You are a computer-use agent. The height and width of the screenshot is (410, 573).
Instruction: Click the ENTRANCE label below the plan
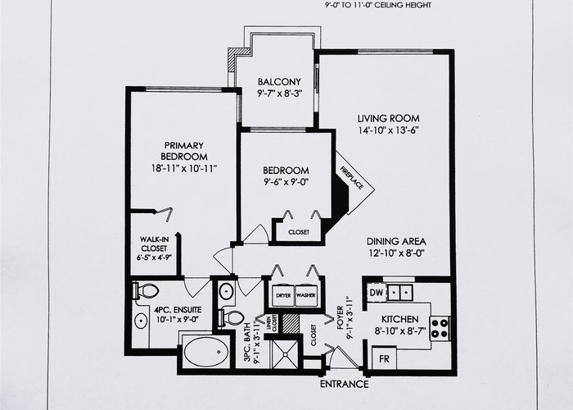(x=345, y=384)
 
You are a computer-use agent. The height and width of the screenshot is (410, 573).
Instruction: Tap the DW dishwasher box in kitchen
(x=377, y=293)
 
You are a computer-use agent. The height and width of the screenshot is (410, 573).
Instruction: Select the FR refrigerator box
(x=384, y=358)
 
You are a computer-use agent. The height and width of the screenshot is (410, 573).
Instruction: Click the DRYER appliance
(x=283, y=295)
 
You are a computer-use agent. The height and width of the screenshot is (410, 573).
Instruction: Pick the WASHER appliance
(x=306, y=295)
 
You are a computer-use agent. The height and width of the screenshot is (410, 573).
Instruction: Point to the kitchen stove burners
(x=440, y=328)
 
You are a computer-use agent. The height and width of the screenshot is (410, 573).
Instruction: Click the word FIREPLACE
(x=352, y=178)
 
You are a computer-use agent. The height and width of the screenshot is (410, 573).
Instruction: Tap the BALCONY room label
(x=279, y=82)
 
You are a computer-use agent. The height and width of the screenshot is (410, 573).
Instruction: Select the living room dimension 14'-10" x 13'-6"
(x=388, y=130)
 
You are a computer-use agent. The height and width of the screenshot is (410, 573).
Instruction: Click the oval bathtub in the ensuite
(x=204, y=352)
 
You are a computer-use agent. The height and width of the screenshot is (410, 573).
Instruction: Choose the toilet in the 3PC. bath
(x=231, y=318)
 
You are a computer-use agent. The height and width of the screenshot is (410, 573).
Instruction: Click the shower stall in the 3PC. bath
(x=285, y=354)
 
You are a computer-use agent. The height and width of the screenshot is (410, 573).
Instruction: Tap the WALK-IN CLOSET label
(x=154, y=244)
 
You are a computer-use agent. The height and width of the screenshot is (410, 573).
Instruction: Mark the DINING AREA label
(x=396, y=242)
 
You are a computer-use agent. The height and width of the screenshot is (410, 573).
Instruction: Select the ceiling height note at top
(x=378, y=5)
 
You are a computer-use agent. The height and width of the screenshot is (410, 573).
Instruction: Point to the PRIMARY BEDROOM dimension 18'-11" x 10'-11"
(x=184, y=168)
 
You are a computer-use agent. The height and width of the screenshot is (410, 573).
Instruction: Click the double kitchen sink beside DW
(x=399, y=293)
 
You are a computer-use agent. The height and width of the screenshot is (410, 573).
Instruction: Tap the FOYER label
(x=341, y=317)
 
